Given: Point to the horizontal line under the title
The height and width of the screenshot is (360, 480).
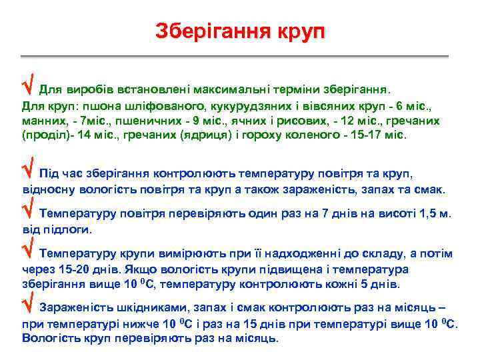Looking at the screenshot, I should point(240,55).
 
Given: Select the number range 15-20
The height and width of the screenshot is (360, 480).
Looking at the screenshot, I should point(75,269).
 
